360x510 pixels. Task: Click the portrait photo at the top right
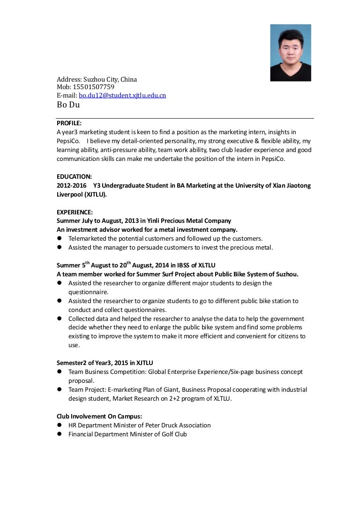point(291,53)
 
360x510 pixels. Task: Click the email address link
point(122,95)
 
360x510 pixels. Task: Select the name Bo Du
point(68,105)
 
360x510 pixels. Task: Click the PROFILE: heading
point(69,123)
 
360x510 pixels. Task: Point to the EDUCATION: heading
point(74,176)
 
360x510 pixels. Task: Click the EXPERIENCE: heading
point(75,212)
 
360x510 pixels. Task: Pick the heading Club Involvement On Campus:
point(99,416)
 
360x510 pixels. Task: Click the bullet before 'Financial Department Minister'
point(60,434)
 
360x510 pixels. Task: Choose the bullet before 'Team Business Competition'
point(60,372)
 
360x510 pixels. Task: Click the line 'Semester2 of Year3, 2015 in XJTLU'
point(105,363)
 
